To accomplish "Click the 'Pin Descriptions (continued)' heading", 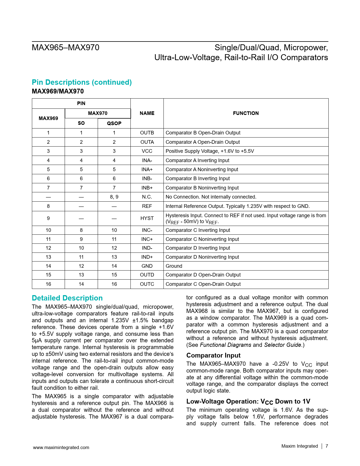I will click(x=82, y=82).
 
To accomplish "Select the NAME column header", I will click(x=147, y=113).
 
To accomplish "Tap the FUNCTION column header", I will click(x=246, y=113).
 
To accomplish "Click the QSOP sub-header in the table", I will click(x=114, y=123).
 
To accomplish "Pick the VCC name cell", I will click(x=147, y=151).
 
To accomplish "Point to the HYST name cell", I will click(x=147, y=218).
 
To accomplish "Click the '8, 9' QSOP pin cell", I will click(x=114, y=197).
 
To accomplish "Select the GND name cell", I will click(x=147, y=266).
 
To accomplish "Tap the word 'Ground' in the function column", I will click(x=174, y=266).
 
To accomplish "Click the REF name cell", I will click(x=147, y=206).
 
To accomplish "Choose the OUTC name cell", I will click(x=147, y=284).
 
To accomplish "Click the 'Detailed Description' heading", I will click(x=67, y=298).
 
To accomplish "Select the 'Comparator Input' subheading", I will click(x=213, y=356).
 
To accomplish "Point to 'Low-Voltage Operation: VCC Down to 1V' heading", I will click(x=248, y=402).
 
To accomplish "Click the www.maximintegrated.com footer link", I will click(x=61, y=447).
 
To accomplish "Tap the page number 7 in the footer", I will click(x=327, y=446).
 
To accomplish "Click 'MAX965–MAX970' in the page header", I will click(x=66, y=47).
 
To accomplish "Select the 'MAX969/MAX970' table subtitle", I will click(x=58, y=92).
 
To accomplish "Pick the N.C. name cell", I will click(x=147, y=197).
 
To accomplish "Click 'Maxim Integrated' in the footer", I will click(x=300, y=446).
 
